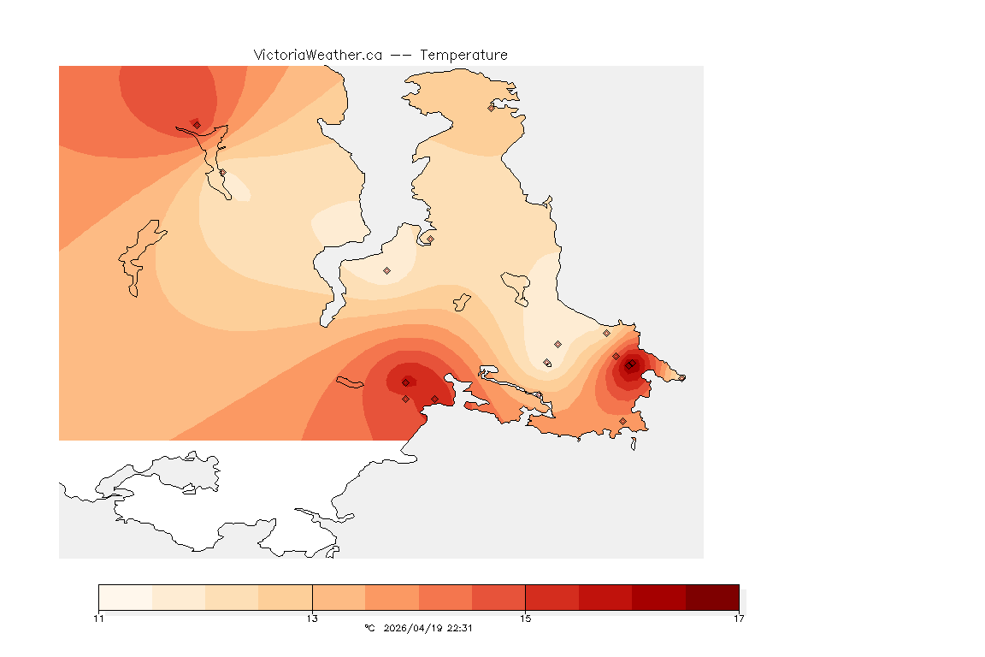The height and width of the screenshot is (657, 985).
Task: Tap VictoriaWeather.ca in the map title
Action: coord(317,55)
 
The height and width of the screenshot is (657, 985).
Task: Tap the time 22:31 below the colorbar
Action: coord(460,628)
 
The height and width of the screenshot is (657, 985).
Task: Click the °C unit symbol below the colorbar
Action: coord(369,628)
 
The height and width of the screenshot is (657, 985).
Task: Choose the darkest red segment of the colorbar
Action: coord(712,597)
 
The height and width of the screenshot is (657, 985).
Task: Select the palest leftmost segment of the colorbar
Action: coord(125,597)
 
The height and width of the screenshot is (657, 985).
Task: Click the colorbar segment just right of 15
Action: coord(552,597)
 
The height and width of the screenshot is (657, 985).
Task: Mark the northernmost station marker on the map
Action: coord(492,108)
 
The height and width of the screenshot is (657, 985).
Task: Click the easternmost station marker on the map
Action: coord(681,377)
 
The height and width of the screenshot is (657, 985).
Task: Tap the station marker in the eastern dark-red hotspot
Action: coord(629,365)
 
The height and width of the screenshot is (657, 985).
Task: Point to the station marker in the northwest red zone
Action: coord(197,125)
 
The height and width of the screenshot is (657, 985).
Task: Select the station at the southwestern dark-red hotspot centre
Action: coord(405,382)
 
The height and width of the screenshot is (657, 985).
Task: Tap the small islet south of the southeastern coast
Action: coord(634,443)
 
